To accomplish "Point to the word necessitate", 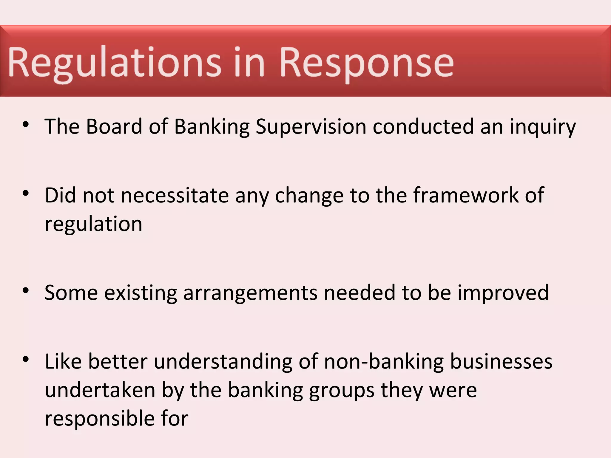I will point(175,195).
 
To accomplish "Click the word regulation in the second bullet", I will point(93,224).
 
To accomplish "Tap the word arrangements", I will point(250,293).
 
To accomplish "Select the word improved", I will point(503,293).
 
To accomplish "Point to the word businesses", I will point(501,362).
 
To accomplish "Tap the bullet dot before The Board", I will point(26,124).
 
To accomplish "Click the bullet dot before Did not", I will point(26,193).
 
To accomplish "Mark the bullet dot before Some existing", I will point(26,290).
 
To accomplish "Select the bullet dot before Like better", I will point(26,359).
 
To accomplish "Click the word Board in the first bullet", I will point(114,126).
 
